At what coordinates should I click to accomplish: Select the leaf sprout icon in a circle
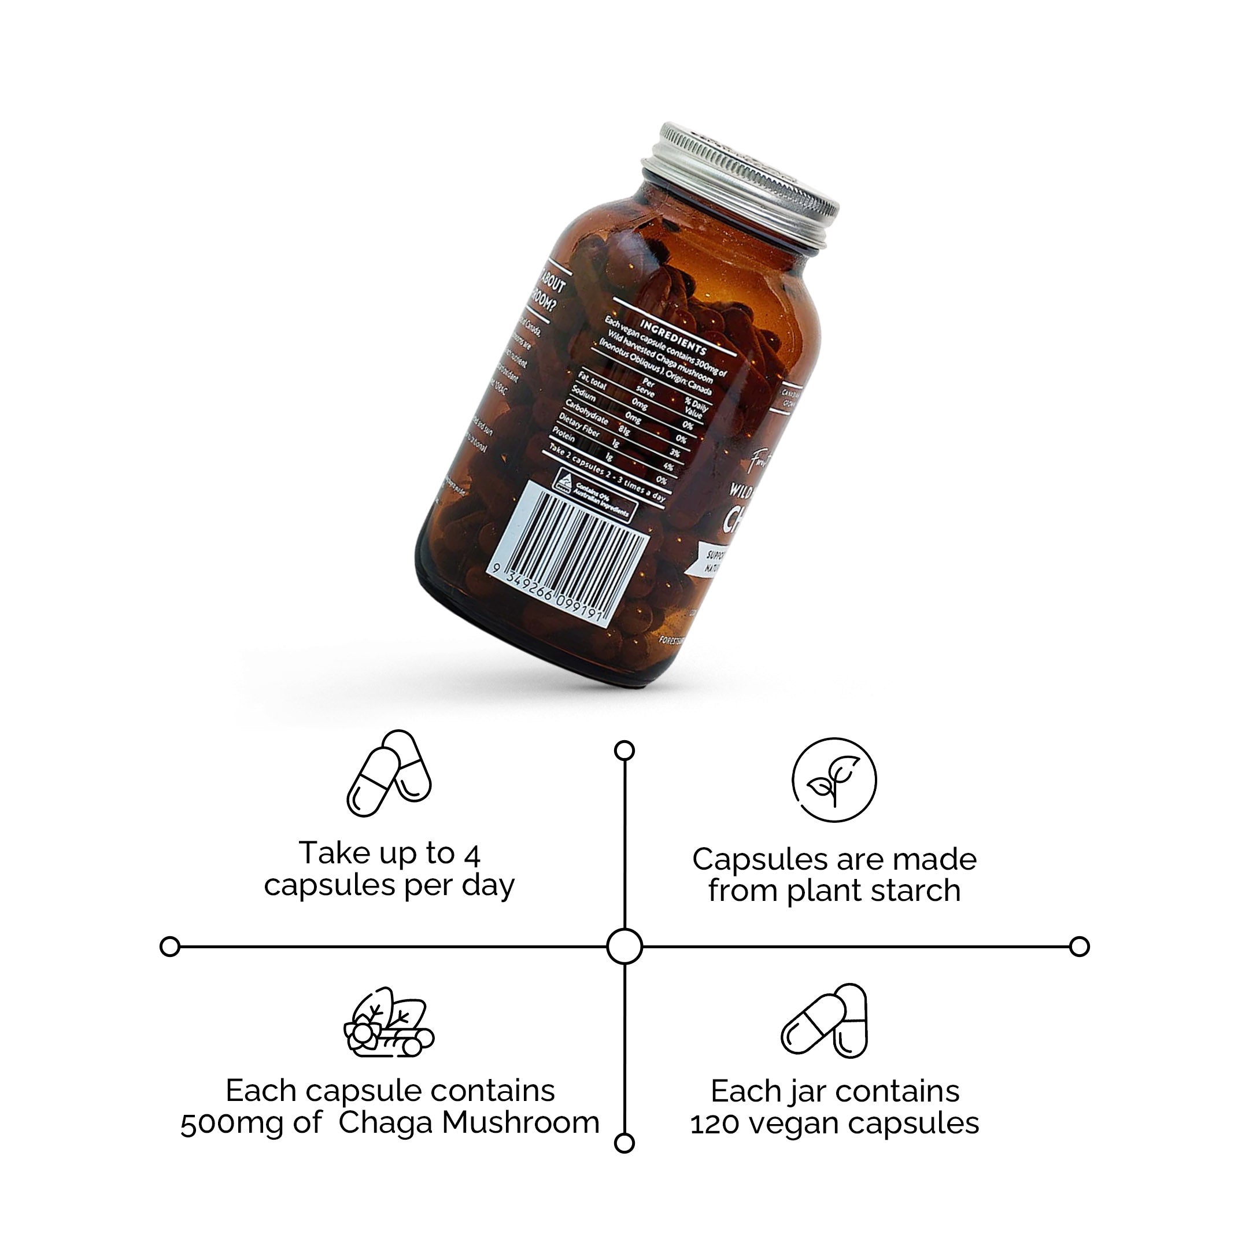834,779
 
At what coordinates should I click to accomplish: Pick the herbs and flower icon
388,1023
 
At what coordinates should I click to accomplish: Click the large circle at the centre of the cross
624,947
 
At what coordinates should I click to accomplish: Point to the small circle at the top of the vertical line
624,751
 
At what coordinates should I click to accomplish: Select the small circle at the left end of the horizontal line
169,947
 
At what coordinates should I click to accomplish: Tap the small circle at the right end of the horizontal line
1079,947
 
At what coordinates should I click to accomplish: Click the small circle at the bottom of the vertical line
624,1143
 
